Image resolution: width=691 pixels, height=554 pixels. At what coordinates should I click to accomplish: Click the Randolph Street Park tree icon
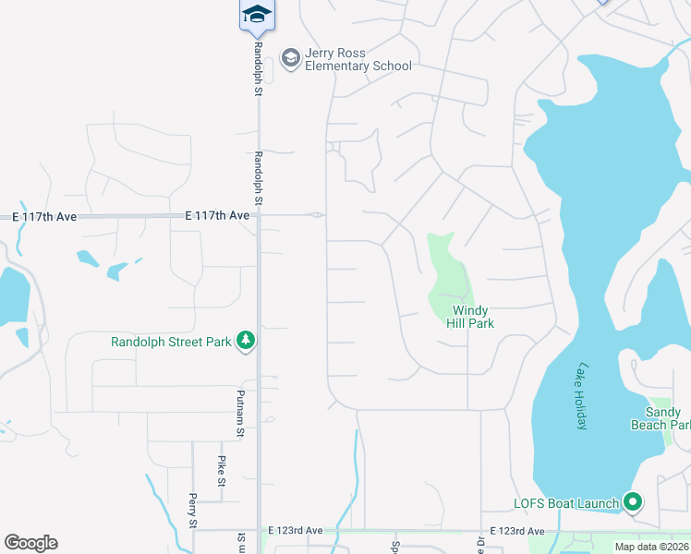(x=246, y=342)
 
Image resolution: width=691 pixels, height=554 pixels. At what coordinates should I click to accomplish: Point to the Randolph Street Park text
(x=171, y=342)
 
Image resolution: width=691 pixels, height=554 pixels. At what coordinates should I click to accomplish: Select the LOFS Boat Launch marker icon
(x=633, y=503)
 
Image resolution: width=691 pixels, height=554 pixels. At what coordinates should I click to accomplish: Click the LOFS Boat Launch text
(x=566, y=503)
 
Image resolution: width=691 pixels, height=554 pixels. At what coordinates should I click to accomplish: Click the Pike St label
(x=222, y=470)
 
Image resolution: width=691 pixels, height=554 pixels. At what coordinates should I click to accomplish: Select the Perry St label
(x=192, y=511)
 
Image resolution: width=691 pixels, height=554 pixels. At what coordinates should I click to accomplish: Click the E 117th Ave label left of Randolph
(x=217, y=215)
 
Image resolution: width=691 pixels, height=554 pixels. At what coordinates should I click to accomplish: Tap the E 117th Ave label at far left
(x=44, y=217)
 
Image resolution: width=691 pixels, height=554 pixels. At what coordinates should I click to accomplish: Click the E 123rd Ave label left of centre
(x=296, y=531)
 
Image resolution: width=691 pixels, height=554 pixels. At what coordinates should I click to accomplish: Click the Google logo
(x=30, y=543)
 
